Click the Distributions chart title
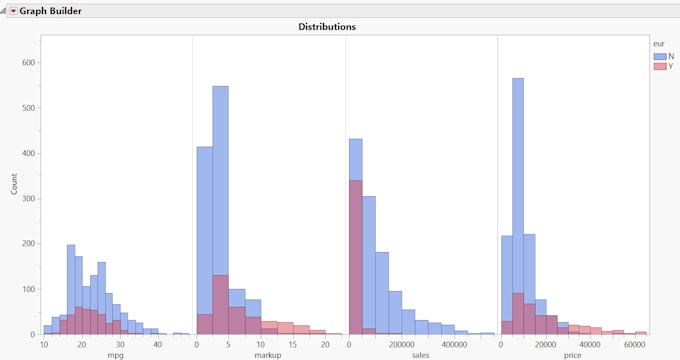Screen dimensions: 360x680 pyautogui.click(x=327, y=27)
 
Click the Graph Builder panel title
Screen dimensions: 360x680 pyautogui.click(x=51, y=10)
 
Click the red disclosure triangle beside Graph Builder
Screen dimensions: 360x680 pyautogui.click(x=14, y=10)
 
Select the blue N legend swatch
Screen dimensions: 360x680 pyautogui.click(x=659, y=56)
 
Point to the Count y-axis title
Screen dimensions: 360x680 pyautogui.click(x=14, y=184)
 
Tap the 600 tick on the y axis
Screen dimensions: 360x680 pyautogui.click(x=29, y=62)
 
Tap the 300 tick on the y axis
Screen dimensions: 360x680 pyautogui.click(x=29, y=198)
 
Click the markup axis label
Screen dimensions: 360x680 pyautogui.click(x=268, y=355)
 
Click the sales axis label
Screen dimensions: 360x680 pyautogui.click(x=421, y=355)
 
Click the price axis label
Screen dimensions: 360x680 pyautogui.click(x=573, y=355)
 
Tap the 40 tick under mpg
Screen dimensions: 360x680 pyautogui.click(x=157, y=344)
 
